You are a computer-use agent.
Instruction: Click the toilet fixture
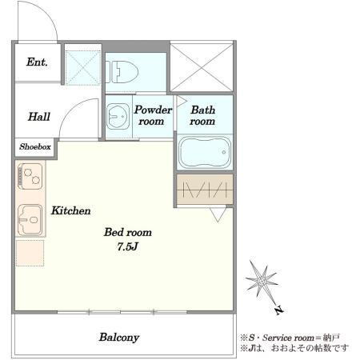[x=122, y=72]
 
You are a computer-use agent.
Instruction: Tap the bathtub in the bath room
[x=205, y=152]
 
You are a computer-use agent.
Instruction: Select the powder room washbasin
[x=118, y=117]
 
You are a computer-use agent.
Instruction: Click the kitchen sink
[x=30, y=220]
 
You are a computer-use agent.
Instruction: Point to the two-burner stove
[x=30, y=176]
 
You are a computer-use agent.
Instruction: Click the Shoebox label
[x=35, y=146]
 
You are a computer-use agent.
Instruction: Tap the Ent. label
[x=37, y=62]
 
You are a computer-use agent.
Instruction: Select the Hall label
[x=39, y=117]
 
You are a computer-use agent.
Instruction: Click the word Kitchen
[x=71, y=210]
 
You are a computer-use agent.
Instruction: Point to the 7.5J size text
[x=127, y=246]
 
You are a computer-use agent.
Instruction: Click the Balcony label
[x=119, y=338]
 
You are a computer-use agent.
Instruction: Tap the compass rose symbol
[x=262, y=280]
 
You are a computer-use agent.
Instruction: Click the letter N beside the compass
[x=279, y=310]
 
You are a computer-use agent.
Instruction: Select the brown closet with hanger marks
[x=205, y=190]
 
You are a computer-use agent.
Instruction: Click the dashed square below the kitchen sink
[x=30, y=253]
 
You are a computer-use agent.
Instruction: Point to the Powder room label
[x=153, y=115]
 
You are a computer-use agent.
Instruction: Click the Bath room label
[x=202, y=115]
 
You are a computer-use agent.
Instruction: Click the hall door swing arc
[x=70, y=110]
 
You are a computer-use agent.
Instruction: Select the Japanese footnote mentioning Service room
[x=290, y=338]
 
